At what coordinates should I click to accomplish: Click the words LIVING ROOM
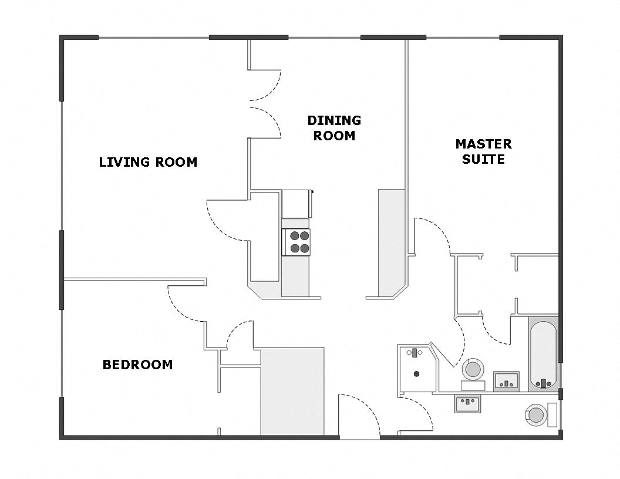(x=148, y=162)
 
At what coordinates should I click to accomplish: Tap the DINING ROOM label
(x=334, y=128)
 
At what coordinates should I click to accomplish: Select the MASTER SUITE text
(x=483, y=151)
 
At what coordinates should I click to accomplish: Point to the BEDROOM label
(x=137, y=365)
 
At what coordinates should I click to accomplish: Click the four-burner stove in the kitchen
(x=296, y=242)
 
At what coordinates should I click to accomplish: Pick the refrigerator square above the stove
(x=295, y=204)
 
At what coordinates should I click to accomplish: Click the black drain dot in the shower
(x=417, y=373)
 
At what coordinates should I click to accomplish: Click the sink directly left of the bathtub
(x=506, y=380)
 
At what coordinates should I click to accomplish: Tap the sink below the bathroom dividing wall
(x=467, y=404)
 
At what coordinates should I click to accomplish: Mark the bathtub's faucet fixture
(x=544, y=383)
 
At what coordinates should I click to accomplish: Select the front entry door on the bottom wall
(x=359, y=418)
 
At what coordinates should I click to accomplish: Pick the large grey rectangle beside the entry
(x=292, y=391)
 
